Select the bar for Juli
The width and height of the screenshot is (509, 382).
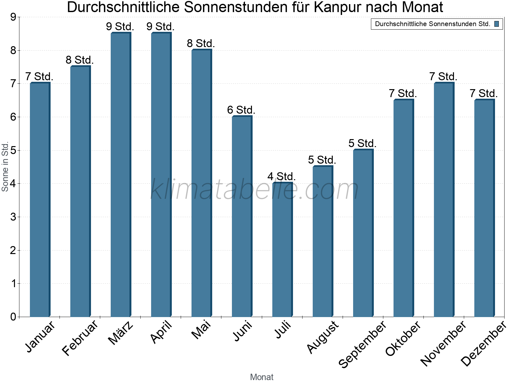click(282, 250)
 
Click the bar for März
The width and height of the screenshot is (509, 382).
click(120, 175)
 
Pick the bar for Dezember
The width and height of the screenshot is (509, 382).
click(484, 209)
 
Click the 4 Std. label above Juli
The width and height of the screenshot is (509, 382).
click(282, 176)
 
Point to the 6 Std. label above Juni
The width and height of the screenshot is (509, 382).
click(241, 110)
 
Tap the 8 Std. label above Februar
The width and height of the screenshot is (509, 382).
click(80, 60)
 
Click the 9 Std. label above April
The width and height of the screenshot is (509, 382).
click(160, 26)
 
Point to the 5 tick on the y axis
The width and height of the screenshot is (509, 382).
click(13, 150)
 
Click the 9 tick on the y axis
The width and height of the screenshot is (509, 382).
click(13, 17)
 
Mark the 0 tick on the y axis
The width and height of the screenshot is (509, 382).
click(13, 317)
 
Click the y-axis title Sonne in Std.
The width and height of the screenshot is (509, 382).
click(5, 166)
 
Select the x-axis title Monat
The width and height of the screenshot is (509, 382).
click(261, 377)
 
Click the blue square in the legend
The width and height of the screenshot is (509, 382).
click(497, 24)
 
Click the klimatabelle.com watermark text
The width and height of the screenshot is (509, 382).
click(254, 189)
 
